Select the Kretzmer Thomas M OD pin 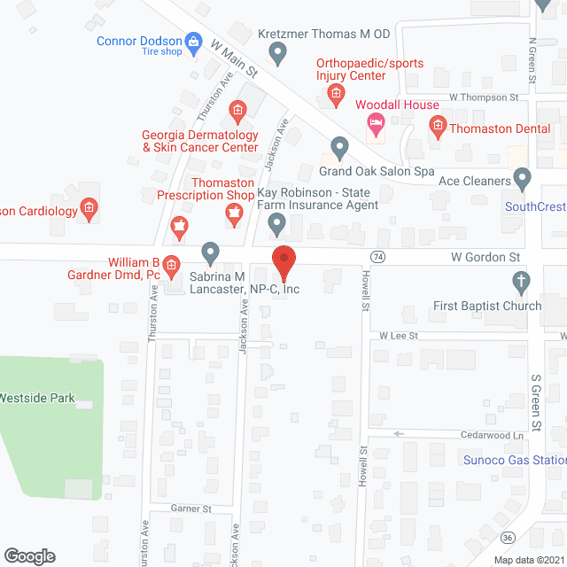coord(277,54)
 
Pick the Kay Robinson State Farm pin coord(277,224)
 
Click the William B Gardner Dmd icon coord(172,264)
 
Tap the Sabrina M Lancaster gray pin coord(210,252)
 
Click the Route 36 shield coord(508,538)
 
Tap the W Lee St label coord(398,336)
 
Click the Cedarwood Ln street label coord(492,435)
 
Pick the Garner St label coord(191,509)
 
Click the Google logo coord(28,555)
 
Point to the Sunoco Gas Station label coord(515,460)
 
